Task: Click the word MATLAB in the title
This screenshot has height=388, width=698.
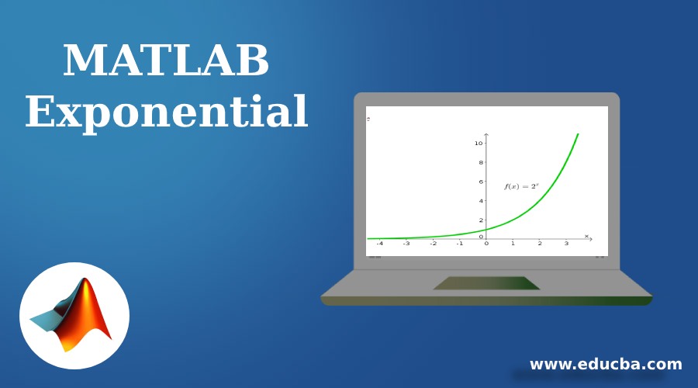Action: coord(166,61)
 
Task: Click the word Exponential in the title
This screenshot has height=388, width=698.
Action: coord(166,113)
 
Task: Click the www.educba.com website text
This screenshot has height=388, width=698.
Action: coord(606,364)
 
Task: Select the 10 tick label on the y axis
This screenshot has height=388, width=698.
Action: coord(479,143)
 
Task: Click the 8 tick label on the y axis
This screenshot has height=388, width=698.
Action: coord(481,162)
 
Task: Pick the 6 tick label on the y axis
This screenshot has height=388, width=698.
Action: coord(481,182)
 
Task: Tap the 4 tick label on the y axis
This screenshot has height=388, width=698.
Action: coord(481,201)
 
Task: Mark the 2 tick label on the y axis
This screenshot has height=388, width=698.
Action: coord(481,220)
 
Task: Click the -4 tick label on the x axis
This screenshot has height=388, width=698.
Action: coord(379,244)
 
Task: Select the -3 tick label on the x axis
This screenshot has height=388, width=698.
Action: coord(406,244)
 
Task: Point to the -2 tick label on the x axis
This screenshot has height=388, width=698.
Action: coord(433,244)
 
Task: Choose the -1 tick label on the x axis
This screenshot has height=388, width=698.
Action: coord(460,244)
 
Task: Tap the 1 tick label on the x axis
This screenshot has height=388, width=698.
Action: coord(513,244)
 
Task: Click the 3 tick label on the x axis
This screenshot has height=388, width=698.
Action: coord(566,244)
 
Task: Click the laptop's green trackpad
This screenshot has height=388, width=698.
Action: coord(486,283)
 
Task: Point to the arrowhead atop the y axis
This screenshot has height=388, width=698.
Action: coord(486,135)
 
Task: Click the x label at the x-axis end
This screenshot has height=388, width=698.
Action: coord(586,235)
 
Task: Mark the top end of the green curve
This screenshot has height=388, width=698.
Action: coord(578,134)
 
